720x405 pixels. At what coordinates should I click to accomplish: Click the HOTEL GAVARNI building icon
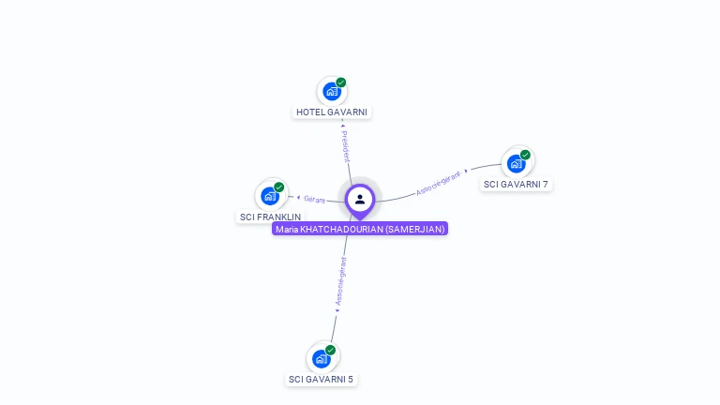tap(331, 91)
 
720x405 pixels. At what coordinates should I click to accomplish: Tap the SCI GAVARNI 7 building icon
tap(516, 163)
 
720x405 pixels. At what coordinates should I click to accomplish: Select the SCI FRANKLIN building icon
tap(270, 196)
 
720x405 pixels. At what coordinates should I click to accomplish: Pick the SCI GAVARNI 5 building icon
tap(321, 358)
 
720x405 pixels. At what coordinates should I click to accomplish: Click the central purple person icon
tap(360, 199)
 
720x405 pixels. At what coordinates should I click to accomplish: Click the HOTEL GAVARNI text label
tap(332, 112)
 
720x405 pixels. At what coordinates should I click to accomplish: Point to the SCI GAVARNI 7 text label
tap(516, 184)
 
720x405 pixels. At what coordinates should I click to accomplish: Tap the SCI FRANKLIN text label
tap(270, 217)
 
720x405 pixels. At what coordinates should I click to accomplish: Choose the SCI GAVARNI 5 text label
tap(321, 379)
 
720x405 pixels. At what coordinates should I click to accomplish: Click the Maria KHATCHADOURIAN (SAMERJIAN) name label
tap(360, 229)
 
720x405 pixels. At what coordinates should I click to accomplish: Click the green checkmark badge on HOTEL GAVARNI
tap(341, 82)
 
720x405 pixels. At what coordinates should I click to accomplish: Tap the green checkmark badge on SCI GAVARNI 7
tap(525, 155)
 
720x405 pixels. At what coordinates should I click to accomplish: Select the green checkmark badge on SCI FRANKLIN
tap(279, 187)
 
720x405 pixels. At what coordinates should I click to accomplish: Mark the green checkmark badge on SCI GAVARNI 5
tap(330, 350)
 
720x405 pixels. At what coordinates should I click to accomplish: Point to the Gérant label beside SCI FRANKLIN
tap(313, 199)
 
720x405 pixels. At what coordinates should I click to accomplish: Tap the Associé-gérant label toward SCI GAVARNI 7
tap(439, 183)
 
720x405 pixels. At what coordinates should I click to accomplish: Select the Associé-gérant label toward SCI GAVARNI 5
tap(340, 281)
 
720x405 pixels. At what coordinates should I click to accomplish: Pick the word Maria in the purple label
tap(285, 229)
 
